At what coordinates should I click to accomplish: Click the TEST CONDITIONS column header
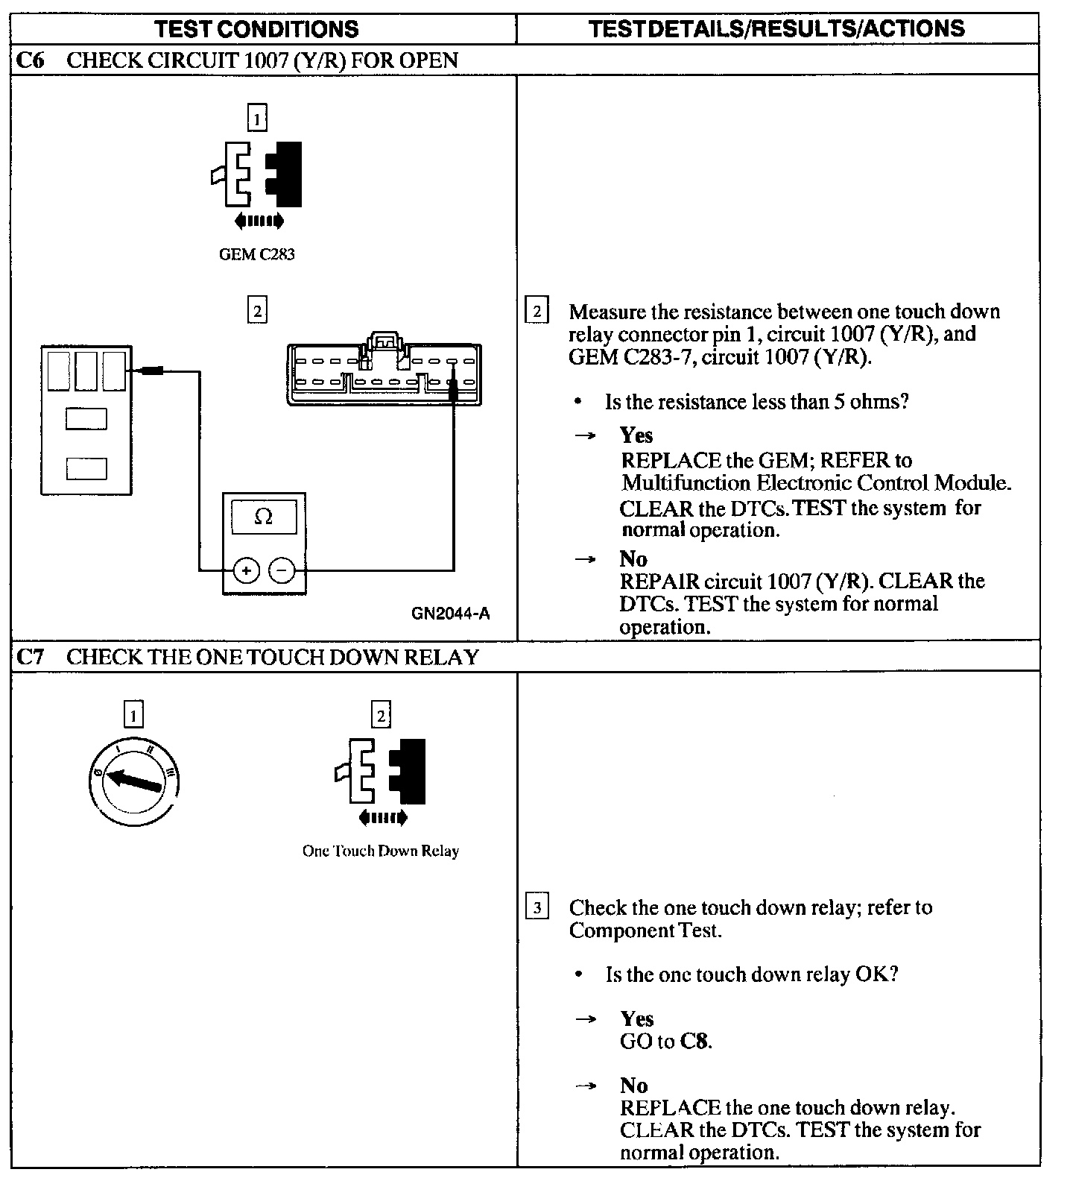256,29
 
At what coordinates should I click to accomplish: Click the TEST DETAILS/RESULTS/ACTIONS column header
776,29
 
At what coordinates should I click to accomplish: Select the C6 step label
31,60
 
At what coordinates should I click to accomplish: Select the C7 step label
31,657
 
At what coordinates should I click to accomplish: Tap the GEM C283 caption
256,254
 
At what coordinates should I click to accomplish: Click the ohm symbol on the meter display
263,517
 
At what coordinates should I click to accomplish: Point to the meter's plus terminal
247,571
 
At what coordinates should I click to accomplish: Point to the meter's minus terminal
282,571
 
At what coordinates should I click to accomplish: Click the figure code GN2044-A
450,614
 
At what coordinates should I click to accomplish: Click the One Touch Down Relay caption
380,851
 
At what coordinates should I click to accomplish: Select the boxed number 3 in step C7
537,907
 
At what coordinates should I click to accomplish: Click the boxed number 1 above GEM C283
256,119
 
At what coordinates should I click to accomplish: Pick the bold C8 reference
694,1041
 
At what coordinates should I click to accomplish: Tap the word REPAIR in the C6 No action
659,581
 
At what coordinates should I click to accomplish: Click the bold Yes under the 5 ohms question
636,435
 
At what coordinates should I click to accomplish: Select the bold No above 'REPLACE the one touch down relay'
633,1085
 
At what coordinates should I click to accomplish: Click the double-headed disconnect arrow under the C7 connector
383,818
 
